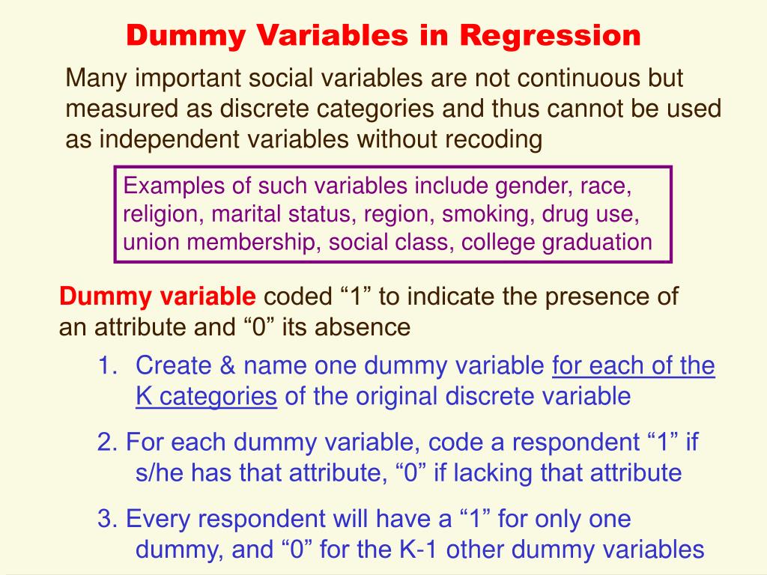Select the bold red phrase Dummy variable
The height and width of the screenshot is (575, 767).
click(x=157, y=297)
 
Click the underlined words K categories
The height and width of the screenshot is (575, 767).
click(x=206, y=396)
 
